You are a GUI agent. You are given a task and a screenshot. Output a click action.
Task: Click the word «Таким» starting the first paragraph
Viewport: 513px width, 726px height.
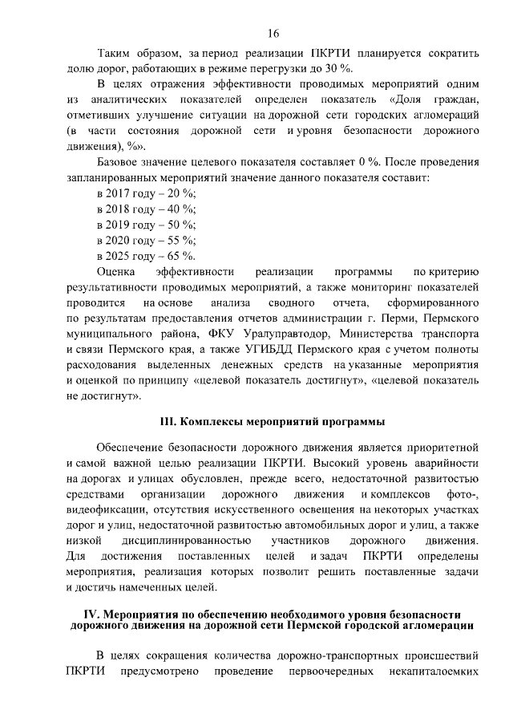(x=115, y=54)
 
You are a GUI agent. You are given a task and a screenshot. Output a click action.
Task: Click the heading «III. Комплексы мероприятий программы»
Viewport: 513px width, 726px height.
(x=273, y=421)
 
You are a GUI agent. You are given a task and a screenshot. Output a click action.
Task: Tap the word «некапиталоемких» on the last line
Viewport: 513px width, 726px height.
(x=434, y=670)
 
